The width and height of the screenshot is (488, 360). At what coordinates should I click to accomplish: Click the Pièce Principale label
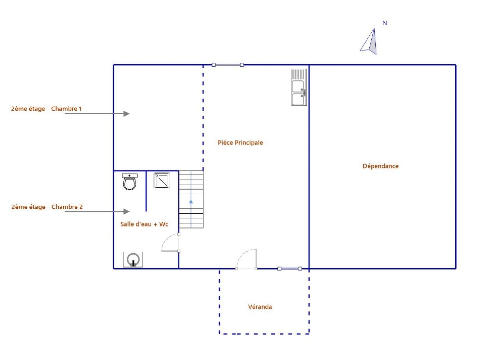(x=240, y=143)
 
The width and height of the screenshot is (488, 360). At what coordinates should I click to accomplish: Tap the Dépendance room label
(x=380, y=166)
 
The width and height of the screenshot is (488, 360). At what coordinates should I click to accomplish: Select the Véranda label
(x=260, y=307)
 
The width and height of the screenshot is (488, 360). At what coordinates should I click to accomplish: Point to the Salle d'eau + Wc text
(x=144, y=224)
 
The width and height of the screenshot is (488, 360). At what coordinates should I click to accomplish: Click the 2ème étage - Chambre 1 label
(x=46, y=109)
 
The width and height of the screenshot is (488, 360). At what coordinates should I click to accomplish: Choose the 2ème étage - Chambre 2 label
(x=47, y=207)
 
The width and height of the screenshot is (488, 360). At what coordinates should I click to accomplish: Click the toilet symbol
(x=130, y=182)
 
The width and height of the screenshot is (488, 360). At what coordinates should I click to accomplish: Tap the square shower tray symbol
(x=162, y=180)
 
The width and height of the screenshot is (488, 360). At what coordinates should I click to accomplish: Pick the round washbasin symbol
(x=133, y=259)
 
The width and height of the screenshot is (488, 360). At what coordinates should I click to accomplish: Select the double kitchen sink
(x=299, y=87)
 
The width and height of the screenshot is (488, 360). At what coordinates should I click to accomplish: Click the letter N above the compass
(x=385, y=23)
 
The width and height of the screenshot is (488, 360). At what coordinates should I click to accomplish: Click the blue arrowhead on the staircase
(x=191, y=202)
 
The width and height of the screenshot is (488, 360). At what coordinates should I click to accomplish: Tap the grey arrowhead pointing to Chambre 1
(x=126, y=114)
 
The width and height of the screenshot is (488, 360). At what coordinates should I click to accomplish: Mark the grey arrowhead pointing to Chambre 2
(x=126, y=212)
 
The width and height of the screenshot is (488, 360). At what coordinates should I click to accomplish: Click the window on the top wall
(x=228, y=65)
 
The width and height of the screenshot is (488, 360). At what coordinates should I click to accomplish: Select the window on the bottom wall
(x=289, y=269)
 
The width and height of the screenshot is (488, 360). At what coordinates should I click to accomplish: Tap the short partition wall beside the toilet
(x=146, y=191)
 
